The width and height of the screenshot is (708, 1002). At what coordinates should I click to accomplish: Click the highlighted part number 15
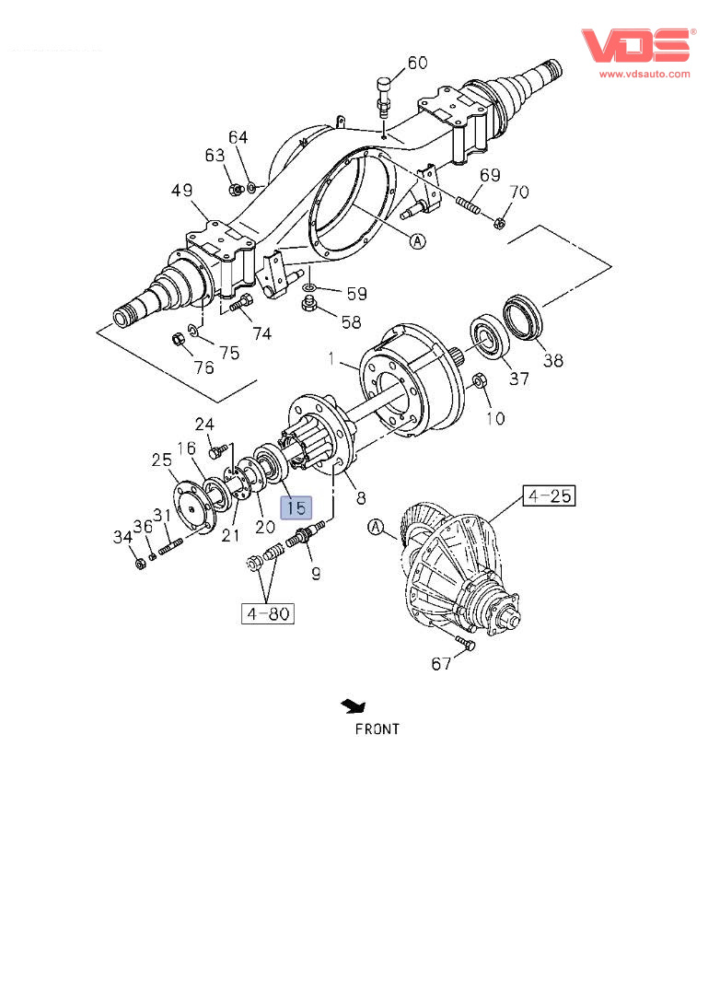click(x=297, y=507)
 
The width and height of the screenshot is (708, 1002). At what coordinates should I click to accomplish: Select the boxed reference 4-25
click(x=549, y=497)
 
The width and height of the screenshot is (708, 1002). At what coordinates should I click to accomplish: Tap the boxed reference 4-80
click(x=267, y=613)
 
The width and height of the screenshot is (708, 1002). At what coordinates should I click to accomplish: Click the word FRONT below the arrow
click(x=377, y=728)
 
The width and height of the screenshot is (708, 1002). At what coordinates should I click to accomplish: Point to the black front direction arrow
click(x=353, y=706)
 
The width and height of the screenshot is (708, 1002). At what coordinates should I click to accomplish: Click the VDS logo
click(x=635, y=46)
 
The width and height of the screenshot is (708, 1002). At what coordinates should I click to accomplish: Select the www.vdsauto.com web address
click(x=644, y=74)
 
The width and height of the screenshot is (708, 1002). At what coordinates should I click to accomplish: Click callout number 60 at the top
click(x=417, y=63)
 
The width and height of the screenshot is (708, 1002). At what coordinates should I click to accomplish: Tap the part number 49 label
click(x=181, y=191)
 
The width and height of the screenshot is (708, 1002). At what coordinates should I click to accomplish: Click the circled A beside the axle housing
click(x=418, y=241)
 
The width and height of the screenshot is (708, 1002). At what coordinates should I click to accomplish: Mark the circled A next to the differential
click(x=376, y=527)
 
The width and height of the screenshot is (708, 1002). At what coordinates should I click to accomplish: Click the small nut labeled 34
click(x=140, y=563)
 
